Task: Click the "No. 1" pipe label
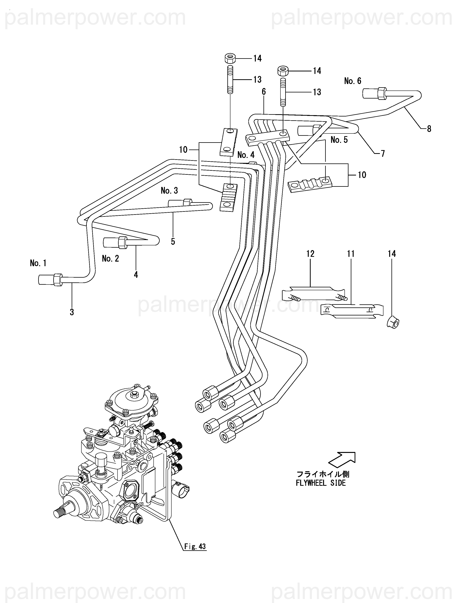38,263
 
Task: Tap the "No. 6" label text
352,81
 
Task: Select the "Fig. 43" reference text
195,546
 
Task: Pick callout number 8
429,129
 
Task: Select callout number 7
383,154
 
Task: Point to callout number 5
173,242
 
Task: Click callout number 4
136,275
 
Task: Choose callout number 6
264,92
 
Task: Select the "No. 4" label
246,155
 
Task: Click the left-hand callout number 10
183,150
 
